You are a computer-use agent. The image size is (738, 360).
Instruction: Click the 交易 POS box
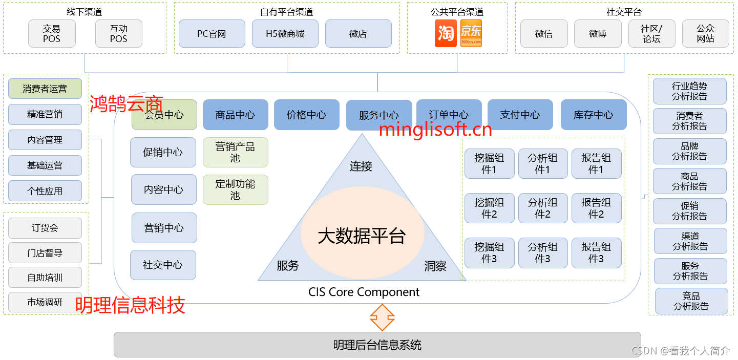pos(52,34)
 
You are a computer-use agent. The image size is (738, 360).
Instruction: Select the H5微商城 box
pos(285,34)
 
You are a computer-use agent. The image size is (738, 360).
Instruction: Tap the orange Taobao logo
pos(446,34)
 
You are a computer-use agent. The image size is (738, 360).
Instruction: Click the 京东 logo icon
pos(471,34)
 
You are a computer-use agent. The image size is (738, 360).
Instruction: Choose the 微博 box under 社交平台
pos(598,34)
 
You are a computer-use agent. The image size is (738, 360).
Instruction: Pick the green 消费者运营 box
pos(45,89)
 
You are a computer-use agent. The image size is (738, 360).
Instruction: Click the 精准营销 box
pos(45,114)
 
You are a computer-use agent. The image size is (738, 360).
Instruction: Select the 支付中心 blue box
pos(520,115)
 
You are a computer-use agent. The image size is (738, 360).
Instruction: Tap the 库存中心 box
pos(594,115)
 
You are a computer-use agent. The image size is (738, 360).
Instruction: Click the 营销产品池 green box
pos(235,152)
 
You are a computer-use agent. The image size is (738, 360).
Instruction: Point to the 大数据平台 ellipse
pos(362,236)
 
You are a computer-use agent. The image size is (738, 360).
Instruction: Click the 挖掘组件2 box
pos(489,208)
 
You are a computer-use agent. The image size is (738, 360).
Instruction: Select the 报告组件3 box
pos(596,253)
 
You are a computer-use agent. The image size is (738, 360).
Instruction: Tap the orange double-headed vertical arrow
pos(382,317)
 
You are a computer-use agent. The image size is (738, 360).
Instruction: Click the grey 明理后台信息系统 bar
pos(377,345)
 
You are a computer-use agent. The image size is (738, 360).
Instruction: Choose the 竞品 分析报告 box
pos(691,301)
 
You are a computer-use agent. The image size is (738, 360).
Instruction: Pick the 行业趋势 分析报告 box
pos(689,91)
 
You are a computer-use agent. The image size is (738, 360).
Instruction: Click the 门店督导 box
pos(45,253)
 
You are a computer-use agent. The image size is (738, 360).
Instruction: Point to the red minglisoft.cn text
pos(435,130)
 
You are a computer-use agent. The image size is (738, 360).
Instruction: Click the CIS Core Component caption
pos(364,292)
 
